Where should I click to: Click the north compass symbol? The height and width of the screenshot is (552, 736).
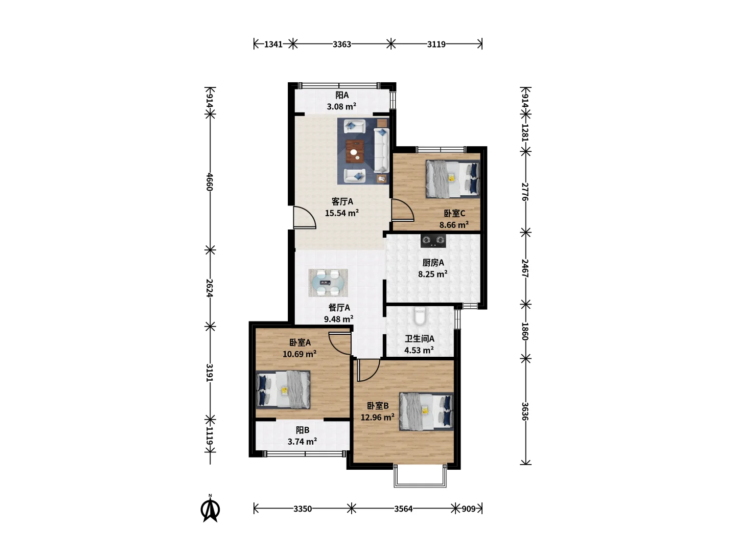tap(210, 509)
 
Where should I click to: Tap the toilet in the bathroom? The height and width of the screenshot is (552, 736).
tap(420, 316)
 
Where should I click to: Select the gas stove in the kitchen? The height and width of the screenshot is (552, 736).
tap(433, 241)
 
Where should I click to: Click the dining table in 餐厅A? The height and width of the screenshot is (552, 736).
tap(328, 283)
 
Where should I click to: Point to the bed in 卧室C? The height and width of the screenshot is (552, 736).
tap(453, 179)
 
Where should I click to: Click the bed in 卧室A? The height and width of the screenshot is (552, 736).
tap(283, 389)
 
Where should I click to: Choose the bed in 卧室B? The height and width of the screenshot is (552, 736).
tap(426, 411)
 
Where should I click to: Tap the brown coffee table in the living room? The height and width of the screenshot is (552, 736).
tap(355, 151)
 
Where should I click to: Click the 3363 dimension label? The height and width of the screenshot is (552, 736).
tap(342, 44)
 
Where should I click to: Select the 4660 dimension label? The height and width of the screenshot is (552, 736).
tap(210, 181)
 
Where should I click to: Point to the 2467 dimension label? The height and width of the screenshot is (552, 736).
tap(525, 268)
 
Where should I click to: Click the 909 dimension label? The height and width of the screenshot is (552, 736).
tap(468, 509)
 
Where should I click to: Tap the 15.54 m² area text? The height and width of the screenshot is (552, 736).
tap(342, 213)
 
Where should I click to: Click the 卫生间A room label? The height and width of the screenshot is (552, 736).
tap(420, 338)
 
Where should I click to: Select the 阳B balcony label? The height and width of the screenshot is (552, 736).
tap(303, 430)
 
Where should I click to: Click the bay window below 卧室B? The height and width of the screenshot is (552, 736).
tap(420, 476)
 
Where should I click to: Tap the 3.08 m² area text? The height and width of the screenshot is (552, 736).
tap(341, 107)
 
